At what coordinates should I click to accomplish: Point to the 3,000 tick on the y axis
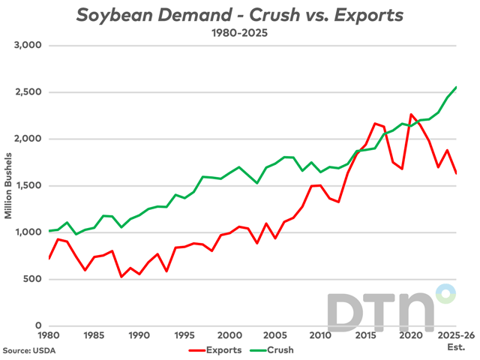click(x=28, y=46)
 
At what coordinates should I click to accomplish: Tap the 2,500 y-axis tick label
click(x=28, y=92)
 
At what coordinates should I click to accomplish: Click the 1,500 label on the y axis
click(x=28, y=186)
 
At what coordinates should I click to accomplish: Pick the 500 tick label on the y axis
click(x=33, y=279)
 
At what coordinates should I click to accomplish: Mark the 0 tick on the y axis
click(x=39, y=326)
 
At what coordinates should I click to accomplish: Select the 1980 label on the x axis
click(x=49, y=336)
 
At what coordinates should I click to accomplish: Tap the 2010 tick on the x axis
click(x=320, y=336)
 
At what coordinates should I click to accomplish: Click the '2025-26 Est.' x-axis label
click(x=455, y=340)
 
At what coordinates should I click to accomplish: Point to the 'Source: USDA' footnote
click(x=28, y=349)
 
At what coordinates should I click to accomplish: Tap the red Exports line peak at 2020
click(x=411, y=115)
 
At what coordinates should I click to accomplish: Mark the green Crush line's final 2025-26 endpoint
click(x=456, y=87)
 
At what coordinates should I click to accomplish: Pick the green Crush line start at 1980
click(x=49, y=230)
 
